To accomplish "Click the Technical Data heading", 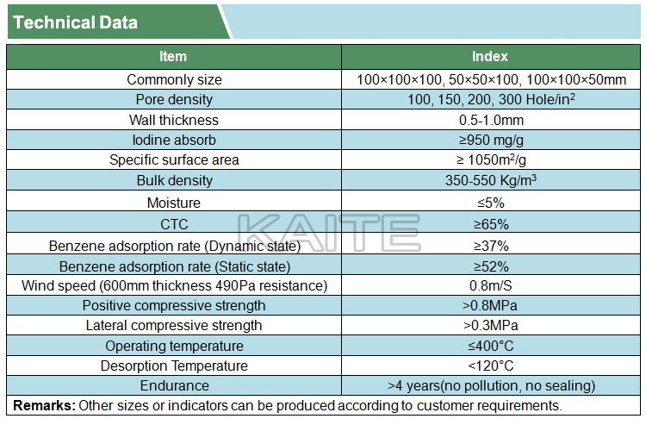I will pos(76,22).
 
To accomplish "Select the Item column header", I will pos(173,57).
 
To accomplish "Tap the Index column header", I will pos(490,57).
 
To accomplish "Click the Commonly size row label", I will pos(174,80).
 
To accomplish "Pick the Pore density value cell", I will pos(491,100).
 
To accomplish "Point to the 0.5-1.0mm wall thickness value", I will pos(491,120).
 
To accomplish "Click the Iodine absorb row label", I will pos(174,140).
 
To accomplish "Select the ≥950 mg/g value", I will pos(491,140).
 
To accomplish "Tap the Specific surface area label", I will pos(174,160).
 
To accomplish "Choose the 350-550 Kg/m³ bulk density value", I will pos(491,181).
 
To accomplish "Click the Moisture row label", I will pos(174,203).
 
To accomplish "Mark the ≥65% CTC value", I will pos(491,224).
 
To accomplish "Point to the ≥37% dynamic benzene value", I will pos(491,245).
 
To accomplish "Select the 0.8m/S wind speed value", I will pos(491,285).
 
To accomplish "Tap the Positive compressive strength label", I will pos(174,306).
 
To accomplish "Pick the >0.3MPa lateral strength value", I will pos(491,326).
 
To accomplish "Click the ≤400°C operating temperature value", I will pos(491,347).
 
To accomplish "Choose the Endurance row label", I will pos(174,386).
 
